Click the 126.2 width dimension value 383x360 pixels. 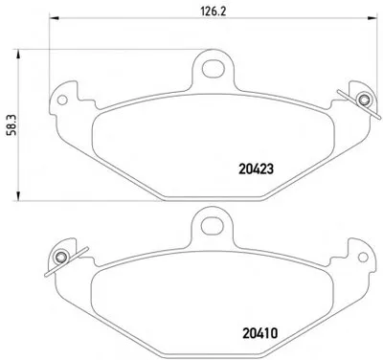pos(214,11)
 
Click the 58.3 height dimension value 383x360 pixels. pos(11,125)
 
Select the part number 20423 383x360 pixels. pos(256,169)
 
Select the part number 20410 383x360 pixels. pos(260,333)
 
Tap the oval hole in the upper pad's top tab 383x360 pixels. pos(214,68)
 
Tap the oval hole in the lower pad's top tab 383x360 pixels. pos(212,225)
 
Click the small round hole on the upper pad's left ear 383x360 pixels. pos(62,100)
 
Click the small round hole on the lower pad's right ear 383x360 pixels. pos(363,257)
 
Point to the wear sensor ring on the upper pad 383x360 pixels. pos(363,101)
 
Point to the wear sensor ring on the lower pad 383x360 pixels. pos(60,258)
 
